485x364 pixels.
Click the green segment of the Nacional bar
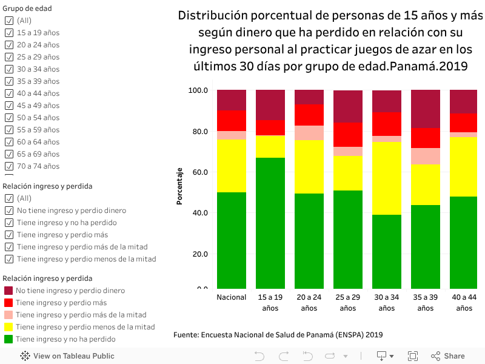[232, 240]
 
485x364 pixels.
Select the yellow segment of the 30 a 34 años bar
[387, 178]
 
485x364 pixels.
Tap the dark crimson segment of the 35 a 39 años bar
[426, 109]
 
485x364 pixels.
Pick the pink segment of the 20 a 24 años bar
[309, 133]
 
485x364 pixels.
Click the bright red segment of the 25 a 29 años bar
[348, 135]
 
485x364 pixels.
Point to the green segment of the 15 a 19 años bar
[270, 223]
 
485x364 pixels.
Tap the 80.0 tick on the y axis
[199, 132]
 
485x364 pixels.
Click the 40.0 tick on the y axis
[199, 213]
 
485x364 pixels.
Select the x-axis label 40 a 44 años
[464, 302]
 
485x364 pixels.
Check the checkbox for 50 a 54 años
[9, 118]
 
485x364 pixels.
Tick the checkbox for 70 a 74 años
[9, 166]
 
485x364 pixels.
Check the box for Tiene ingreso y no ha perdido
[9, 223]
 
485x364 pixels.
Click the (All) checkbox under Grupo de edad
[9, 21]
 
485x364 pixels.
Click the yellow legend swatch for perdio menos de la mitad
[8, 327]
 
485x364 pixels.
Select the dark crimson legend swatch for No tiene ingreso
[8, 291]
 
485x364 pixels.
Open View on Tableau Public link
[67, 356]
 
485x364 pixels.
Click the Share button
[448, 356]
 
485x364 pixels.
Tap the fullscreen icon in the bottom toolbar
[413, 356]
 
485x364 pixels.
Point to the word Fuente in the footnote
[187, 335]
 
